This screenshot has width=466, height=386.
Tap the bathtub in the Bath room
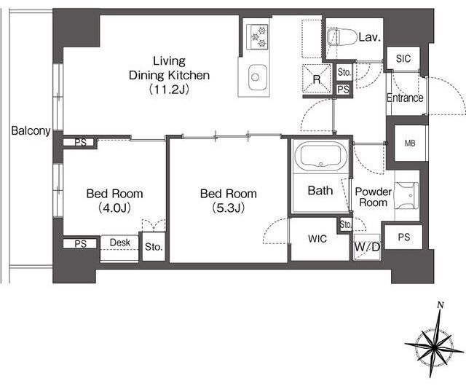coord(320,155)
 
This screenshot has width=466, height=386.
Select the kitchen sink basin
coord(255,77)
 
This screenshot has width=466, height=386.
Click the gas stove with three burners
coord(258,36)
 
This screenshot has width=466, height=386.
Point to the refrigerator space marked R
coord(317,79)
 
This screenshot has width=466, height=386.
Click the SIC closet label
coord(403,58)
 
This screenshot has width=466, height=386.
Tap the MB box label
coord(410,143)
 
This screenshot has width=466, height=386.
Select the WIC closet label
coord(317,238)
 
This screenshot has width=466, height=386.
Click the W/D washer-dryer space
coord(367,247)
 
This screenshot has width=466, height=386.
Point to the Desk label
coord(119,243)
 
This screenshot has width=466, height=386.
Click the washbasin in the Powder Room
coord(406,195)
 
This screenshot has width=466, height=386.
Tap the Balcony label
coord(31,130)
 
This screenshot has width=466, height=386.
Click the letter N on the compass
coord(441,305)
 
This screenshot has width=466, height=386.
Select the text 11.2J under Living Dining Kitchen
coord(169,89)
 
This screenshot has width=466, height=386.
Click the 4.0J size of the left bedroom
coord(114,208)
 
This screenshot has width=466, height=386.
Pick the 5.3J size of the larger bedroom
coord(228,208)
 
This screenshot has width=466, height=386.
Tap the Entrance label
coord(405,98)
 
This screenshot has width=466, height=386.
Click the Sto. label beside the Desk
coord(154,247)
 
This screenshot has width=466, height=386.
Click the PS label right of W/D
coord(404,237)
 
